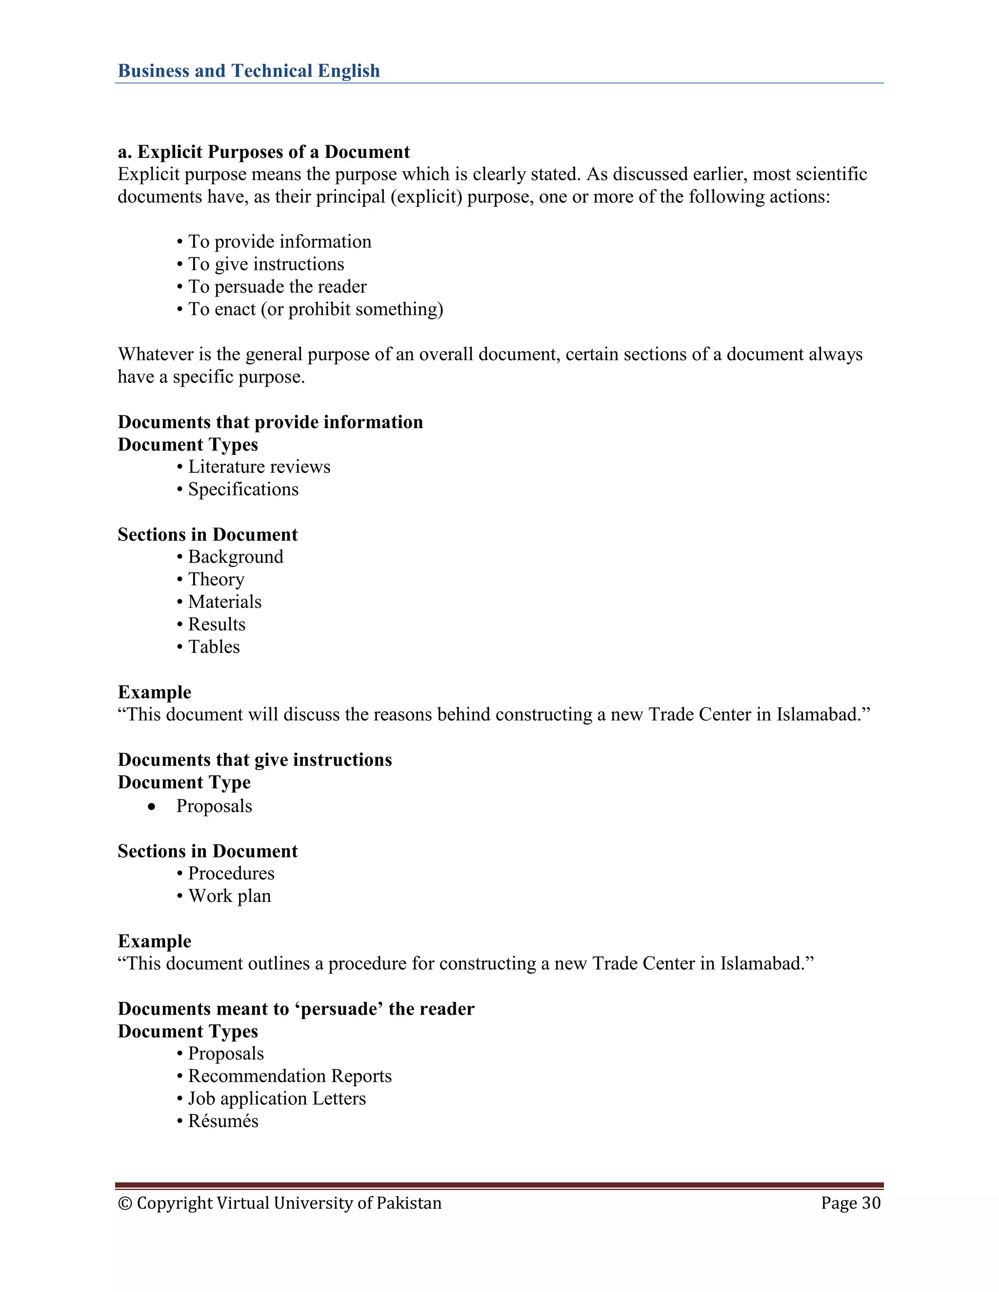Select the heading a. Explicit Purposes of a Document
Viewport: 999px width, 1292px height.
pyautogui.click(x=263, y=152)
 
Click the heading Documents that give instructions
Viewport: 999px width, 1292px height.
pyautogui.click(x=255, y=760)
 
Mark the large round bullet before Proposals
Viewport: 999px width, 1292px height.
pyautogui.click(x=153, y=807)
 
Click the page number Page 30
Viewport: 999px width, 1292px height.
pyautogui.click(x=850, y=1203)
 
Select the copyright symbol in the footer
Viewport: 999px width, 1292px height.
pyautogui.click(x=125, y=1203)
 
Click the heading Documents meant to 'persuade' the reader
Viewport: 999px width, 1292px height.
pyautogui.click(x=296, y=1009)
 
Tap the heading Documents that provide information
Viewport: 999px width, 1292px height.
pyautogui.click(x=270, y=422)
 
